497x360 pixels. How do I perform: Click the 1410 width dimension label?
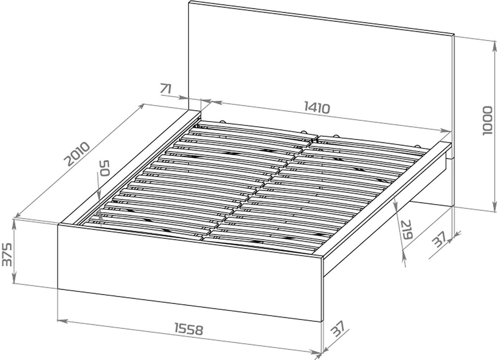[317, 108]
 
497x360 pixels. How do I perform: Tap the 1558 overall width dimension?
[189, 329]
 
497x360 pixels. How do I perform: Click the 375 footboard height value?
[6, 255]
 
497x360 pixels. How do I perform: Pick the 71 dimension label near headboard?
[166, 89]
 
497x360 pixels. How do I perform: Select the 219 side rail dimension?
[406, 229]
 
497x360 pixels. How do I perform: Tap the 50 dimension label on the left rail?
[104, 168]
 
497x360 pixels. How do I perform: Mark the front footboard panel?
[190, 273]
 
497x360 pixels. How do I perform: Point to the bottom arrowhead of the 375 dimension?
[14, 279]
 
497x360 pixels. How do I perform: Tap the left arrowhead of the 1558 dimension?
[62, 321]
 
